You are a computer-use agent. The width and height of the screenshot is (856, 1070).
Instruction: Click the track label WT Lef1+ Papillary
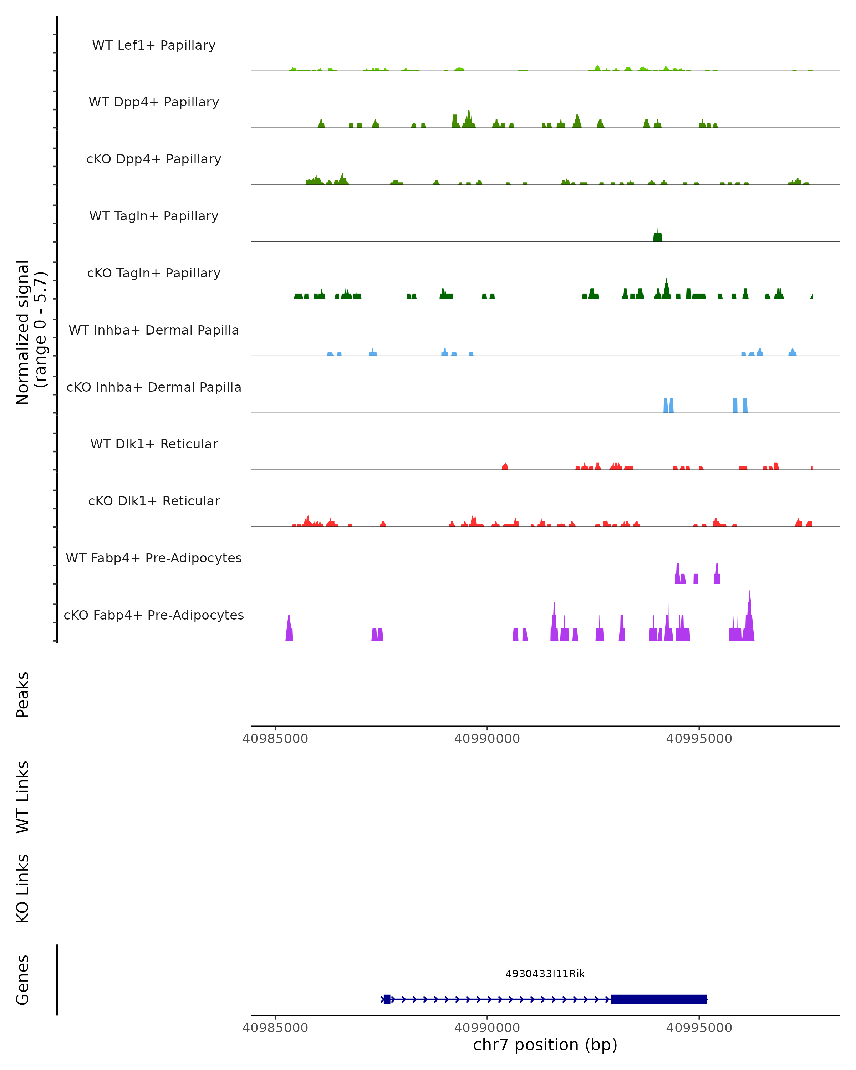point(154,45)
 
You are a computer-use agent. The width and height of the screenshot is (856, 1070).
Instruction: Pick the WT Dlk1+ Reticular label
point(154,444)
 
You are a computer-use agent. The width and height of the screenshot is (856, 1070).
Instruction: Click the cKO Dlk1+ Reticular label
point(154,501)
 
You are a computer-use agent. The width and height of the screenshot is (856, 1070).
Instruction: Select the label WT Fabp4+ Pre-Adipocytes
point(154,558)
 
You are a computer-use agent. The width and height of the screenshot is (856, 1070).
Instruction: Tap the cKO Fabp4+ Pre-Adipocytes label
point(154,615)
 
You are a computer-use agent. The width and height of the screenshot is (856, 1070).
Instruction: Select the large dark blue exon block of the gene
point(658,999)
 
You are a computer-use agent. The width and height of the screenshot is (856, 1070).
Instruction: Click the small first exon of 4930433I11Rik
point(387,999)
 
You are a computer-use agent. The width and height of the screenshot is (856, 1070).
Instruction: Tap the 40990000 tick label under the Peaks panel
point(487,739)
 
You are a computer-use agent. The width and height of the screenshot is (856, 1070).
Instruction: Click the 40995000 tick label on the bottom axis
point(699,1028)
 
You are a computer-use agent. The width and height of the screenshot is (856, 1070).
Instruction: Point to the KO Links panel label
point(23,888)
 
